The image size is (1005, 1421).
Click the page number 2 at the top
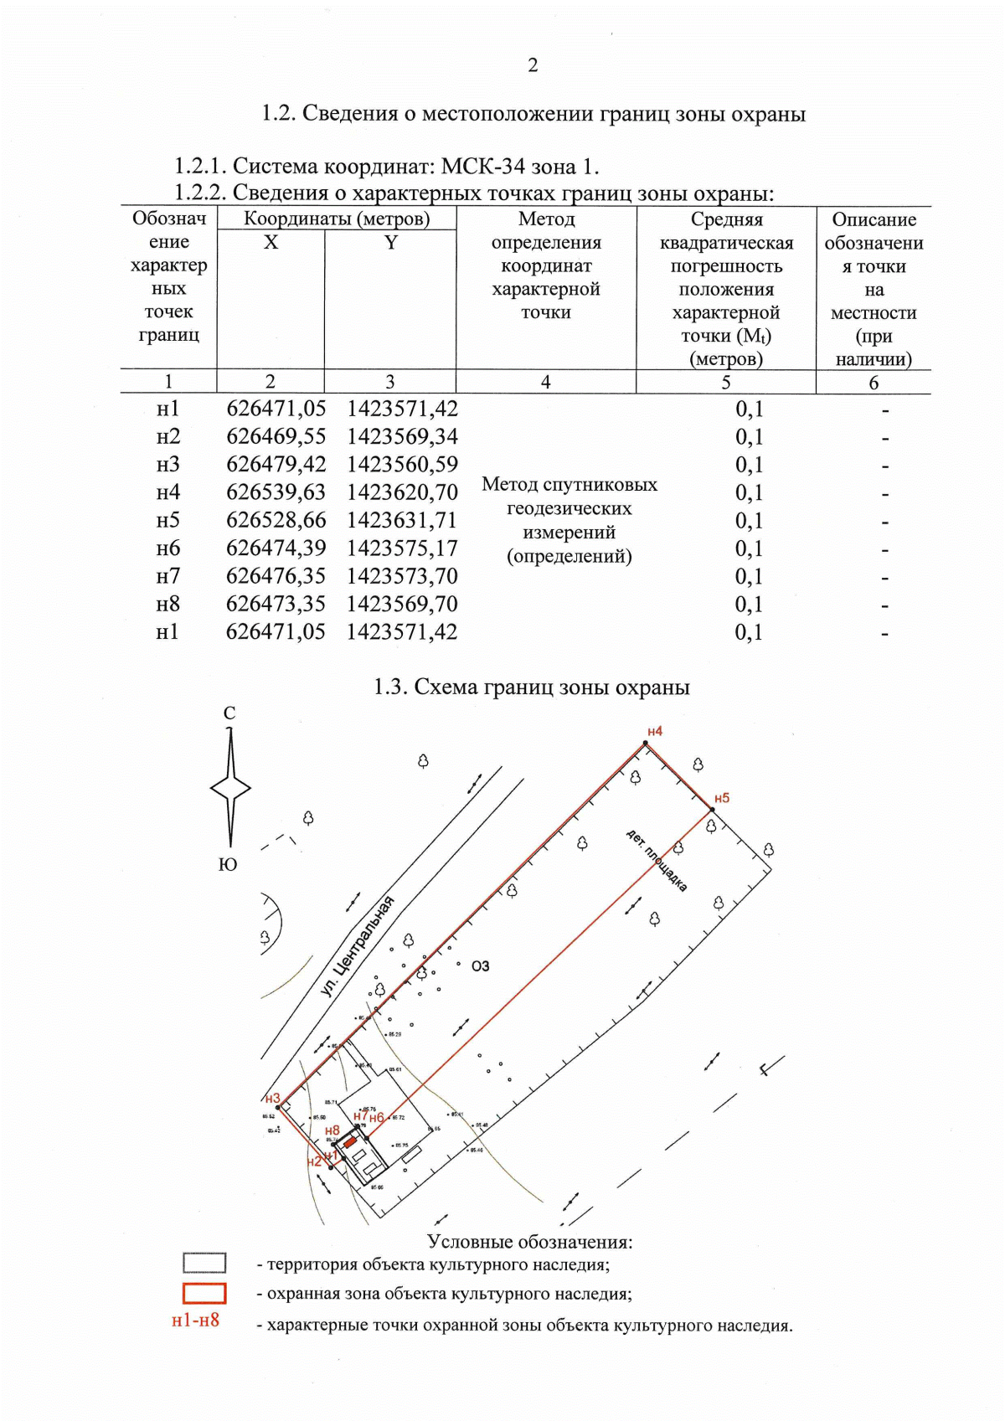pos(533,65)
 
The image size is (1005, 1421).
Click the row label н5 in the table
pos(167,520)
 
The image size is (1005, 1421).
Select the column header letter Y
pos(390,243)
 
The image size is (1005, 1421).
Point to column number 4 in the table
pos(545,383)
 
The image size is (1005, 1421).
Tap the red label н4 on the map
pos(654,731)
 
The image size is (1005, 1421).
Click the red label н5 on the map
pos(721,798)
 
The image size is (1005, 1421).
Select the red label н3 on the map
pos(272,1099)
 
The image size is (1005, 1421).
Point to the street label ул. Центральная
pos(358,946)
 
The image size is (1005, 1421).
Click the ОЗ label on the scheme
pos(480,966)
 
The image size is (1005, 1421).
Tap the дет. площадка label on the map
pos(657,860)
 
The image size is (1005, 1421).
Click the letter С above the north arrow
pos(229,713)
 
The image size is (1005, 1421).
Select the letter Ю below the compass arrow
pos(228,865)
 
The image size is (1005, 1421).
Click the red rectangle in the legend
pos(204,1293)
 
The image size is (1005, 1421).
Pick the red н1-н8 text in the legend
pos(195,1321)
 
